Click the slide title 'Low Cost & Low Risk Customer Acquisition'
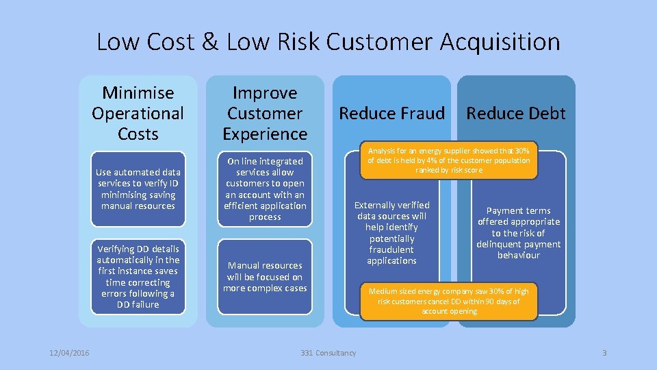328,42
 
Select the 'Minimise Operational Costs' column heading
138,113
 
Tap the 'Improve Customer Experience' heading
265,113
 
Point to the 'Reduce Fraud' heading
391,113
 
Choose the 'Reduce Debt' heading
516,113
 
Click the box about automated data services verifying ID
138,189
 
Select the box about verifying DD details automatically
138,276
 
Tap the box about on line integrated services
265,189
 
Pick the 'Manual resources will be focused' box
265,276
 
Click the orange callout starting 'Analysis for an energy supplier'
448,160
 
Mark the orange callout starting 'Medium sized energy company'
448,301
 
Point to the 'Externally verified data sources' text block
391,233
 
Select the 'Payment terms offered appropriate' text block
518,233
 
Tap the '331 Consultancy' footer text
328,353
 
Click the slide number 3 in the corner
604,353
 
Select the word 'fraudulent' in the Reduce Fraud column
391,250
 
